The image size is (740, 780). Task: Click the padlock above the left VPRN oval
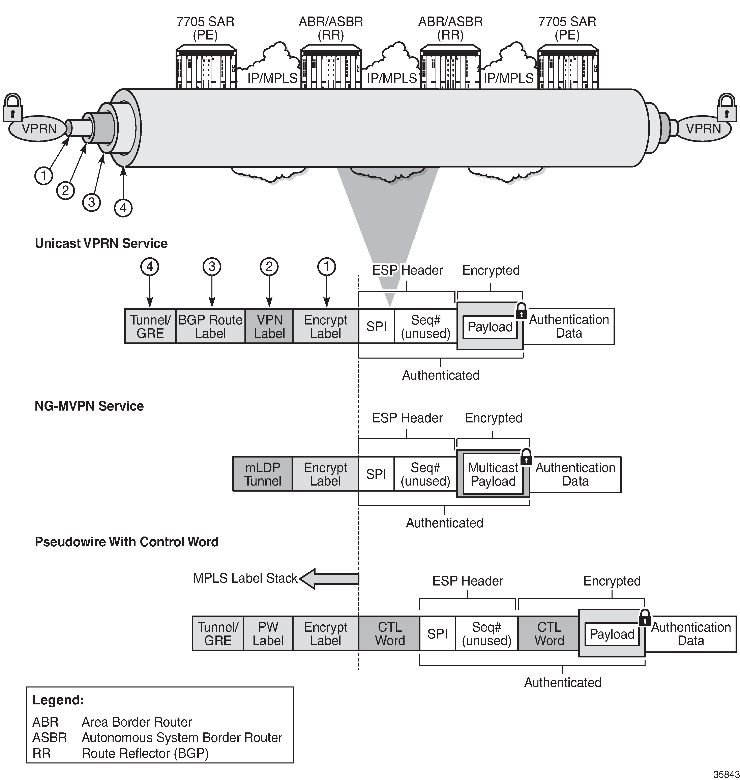coord(13,108)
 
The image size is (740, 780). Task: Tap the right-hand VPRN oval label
coord(703,129)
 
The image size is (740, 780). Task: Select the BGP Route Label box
coord(210,327)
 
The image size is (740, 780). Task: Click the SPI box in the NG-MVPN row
coord(376,474)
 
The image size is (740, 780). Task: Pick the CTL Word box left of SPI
coord(389,633)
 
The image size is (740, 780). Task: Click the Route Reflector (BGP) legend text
coord(145,753)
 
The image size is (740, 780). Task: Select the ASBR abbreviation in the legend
coord(50,737)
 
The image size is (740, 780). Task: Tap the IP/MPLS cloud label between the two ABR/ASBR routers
coord(392,78)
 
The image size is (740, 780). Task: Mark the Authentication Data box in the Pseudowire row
coord(691,633)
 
